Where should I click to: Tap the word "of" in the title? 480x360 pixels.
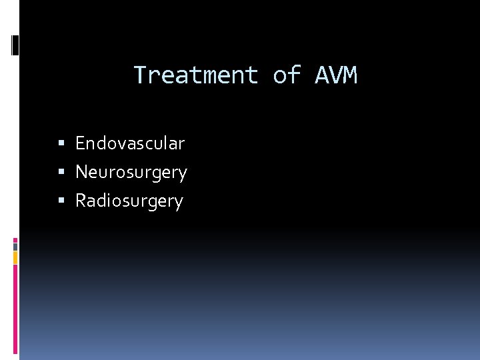click(287, 75)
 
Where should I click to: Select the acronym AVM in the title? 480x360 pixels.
click(336, 75)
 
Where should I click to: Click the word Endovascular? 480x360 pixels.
click(130, 143)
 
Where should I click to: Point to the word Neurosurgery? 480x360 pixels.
click(131, 173)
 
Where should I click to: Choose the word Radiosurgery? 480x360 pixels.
click(129, 201)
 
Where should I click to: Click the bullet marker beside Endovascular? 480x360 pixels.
click(61, 143)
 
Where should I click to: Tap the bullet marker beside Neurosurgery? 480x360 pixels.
click(61, 172)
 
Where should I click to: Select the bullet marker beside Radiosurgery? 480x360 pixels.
click(61, 201)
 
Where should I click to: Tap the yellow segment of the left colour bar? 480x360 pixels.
click(15, 257)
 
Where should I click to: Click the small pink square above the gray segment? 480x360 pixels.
click(15, 239)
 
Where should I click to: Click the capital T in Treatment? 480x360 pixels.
click(140, 75)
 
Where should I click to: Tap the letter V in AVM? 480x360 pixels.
click(336, 75)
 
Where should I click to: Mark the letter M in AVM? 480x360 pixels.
click(351, 75)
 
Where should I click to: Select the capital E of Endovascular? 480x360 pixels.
click(80, 143)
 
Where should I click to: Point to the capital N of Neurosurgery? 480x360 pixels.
click(81, 172)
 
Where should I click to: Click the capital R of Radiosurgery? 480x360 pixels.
click(81, 201)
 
